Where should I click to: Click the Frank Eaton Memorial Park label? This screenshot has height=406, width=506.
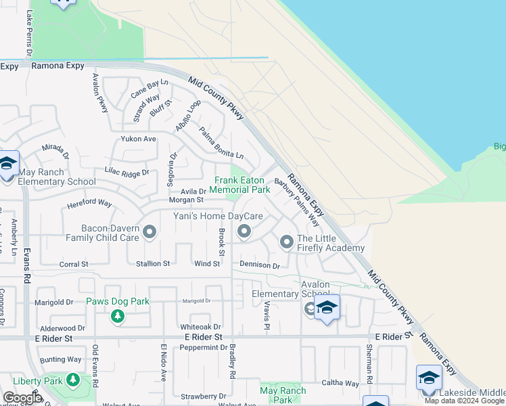[x=239, y=185]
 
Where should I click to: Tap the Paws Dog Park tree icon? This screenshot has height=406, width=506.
[x=118, y=316]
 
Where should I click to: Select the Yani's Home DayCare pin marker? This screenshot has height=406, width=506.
[x=244, y=233]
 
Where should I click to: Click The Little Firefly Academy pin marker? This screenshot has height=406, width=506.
[x=286, y=242]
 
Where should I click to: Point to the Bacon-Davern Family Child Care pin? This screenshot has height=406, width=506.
[x=149, y=233]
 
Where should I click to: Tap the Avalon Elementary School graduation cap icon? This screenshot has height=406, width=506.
[x=327, y=308]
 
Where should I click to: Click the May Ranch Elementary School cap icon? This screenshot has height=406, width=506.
[x=7, y=164]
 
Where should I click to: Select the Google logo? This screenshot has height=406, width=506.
[x=23, y=398]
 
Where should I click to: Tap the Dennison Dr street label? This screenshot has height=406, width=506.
[x=259, y=266]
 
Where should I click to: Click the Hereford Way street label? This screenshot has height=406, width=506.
[x=89, y=202]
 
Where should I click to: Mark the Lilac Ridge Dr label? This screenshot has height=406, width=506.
[x=127, y=173]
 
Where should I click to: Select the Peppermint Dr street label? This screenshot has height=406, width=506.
[x=203, y=348]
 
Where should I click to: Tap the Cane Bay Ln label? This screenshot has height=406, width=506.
[x=149, y=87]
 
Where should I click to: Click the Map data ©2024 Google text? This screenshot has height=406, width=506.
[x=463, y=401]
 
